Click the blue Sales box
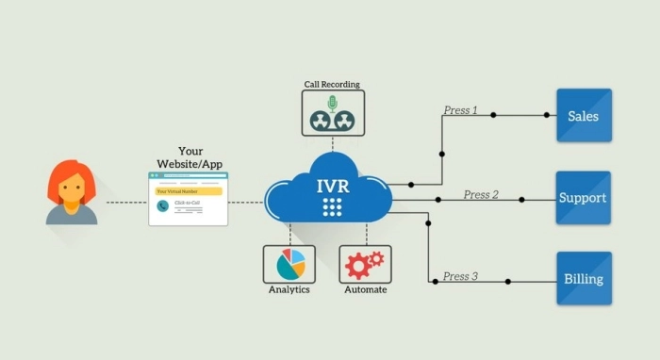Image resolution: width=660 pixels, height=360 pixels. (584, 116)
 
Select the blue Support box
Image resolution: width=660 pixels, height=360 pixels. (583, 198)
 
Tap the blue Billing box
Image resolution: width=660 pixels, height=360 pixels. (584, 279)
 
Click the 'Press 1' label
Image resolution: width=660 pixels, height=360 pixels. (461, 110)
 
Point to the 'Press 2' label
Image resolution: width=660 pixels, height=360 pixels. (481, 194)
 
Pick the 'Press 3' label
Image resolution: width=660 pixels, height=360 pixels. (460, 276)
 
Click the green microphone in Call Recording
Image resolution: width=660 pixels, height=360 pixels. (331, 103)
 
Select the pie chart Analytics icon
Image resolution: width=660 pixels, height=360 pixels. (289, 265)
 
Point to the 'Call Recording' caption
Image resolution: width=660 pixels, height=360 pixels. (333, 84)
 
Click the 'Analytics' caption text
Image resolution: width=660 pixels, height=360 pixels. (289, 289)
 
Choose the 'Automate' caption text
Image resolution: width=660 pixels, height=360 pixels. (365, 289)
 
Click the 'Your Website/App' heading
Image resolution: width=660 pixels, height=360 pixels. (190, 157)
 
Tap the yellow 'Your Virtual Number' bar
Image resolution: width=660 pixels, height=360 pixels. (190, 191)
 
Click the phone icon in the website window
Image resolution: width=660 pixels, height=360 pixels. (163, 205)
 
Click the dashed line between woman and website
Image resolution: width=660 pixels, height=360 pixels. (125, 202)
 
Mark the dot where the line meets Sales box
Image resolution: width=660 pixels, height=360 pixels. (546, 116)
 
